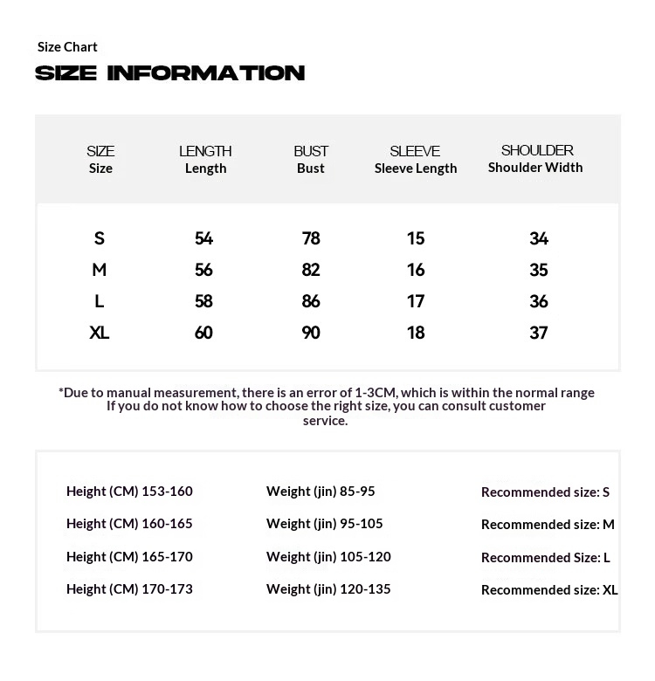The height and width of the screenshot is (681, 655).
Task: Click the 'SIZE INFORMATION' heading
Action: (x=169, y=73)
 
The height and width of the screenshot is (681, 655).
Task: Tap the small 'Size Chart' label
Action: (x=67, y=46)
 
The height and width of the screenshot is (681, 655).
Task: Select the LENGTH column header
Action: (x=205, y=159)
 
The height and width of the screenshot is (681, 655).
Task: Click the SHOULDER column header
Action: (x=536, y=158)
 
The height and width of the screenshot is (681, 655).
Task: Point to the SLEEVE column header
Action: (x=416, y=159)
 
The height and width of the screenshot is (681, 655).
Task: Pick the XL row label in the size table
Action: (x=100, y=333)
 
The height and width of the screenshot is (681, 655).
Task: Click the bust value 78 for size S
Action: (x=311, y=238)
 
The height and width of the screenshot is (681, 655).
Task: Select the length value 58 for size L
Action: (x=203, y=301)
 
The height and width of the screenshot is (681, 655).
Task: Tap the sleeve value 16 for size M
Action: (x=416, y=270)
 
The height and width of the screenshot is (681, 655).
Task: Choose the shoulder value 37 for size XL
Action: (x=539, y=333)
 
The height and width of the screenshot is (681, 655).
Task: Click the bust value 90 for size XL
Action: (x=311, y=333)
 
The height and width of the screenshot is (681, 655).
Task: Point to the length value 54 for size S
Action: (x=203, y=238)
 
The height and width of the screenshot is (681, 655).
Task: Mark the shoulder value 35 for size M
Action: (x=539, y=270)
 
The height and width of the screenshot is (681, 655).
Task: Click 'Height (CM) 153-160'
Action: (x=129, y=491)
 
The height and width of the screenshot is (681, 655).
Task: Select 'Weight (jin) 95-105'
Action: (x=324, y=523)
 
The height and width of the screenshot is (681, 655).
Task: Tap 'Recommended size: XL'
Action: (x=549, y=589)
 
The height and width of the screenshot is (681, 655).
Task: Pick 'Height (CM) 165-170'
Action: (x=129, y=556)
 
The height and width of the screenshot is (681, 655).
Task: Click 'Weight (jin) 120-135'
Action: (x=328, y=588)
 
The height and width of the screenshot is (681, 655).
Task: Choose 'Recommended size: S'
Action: (x=545, y=492)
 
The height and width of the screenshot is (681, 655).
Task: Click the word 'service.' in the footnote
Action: (x=326, y=421)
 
